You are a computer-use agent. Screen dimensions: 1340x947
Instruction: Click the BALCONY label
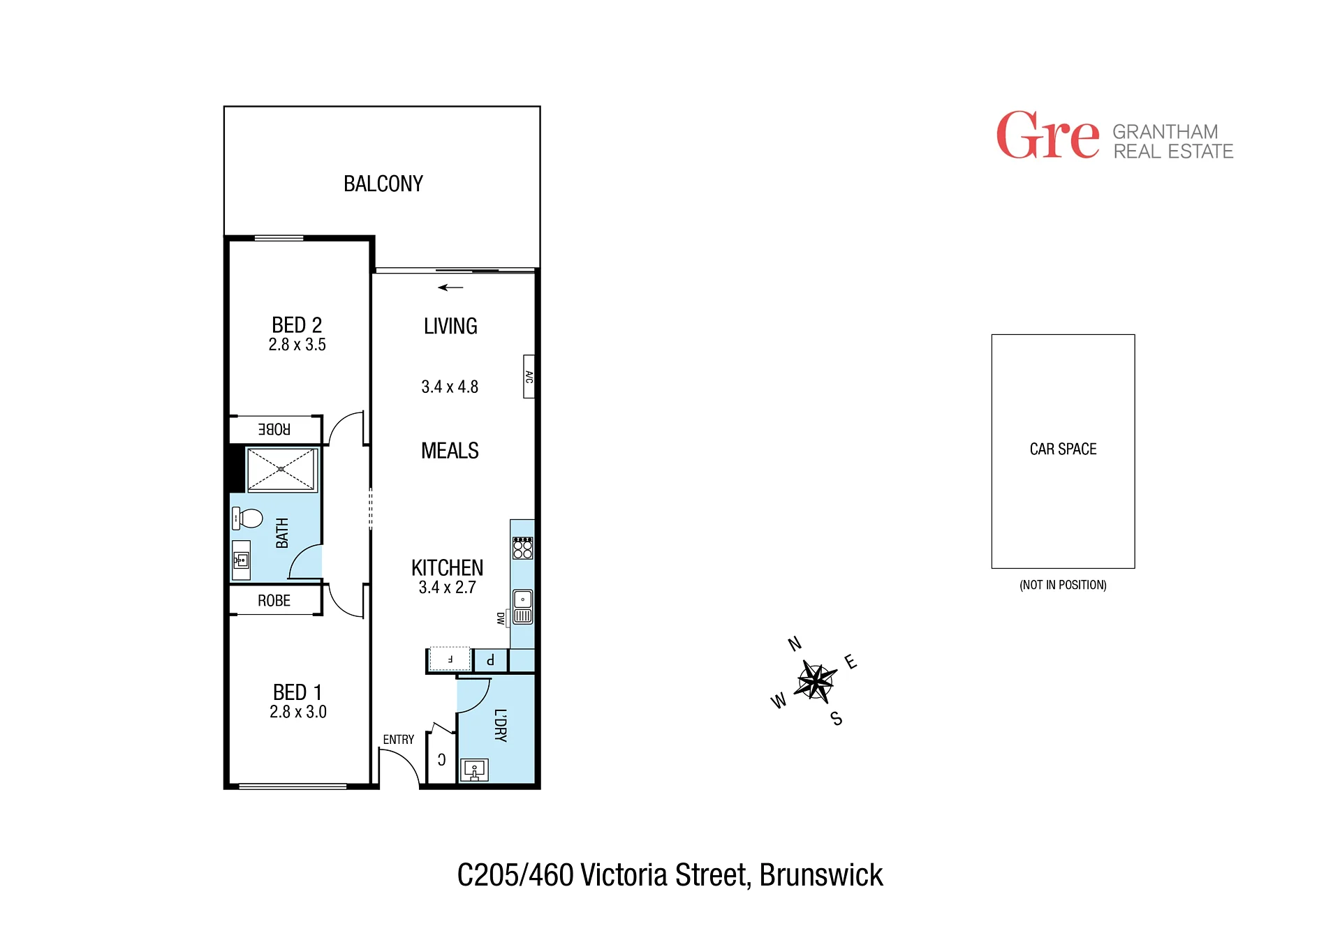pos(383,184)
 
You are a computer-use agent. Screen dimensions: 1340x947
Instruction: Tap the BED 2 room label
pos(297,325)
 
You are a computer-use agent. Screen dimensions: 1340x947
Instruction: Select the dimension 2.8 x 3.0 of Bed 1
pos(298,712)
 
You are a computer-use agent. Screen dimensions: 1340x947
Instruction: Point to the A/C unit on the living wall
pos(529,377)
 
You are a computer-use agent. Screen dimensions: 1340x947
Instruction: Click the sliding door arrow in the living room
pos(450,288)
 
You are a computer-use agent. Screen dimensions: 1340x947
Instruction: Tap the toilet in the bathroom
pos(247,519)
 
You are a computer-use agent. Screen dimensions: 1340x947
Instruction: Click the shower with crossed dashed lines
pos(281,470)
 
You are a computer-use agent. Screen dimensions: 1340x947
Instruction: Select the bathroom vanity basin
pos(241,560)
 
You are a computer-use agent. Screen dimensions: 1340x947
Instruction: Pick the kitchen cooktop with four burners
pos(522,548)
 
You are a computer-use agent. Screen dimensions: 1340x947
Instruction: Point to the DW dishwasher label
pos(501,618)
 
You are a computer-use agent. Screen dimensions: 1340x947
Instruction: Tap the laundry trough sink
pos(474,770)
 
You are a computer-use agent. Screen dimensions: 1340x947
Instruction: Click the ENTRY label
pos(399,740)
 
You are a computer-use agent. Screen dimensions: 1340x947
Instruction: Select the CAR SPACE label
pos(1063,449)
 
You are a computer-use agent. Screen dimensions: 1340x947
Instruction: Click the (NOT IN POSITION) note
pos(1063,585)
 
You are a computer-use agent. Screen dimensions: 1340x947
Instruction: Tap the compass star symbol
pos(815,680)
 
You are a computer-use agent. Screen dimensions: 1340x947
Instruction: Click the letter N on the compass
pos(795,643)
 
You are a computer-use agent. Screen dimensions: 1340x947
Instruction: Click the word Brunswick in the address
pos(821,875)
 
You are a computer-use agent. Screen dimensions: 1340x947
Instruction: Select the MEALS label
pos(450,451)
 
